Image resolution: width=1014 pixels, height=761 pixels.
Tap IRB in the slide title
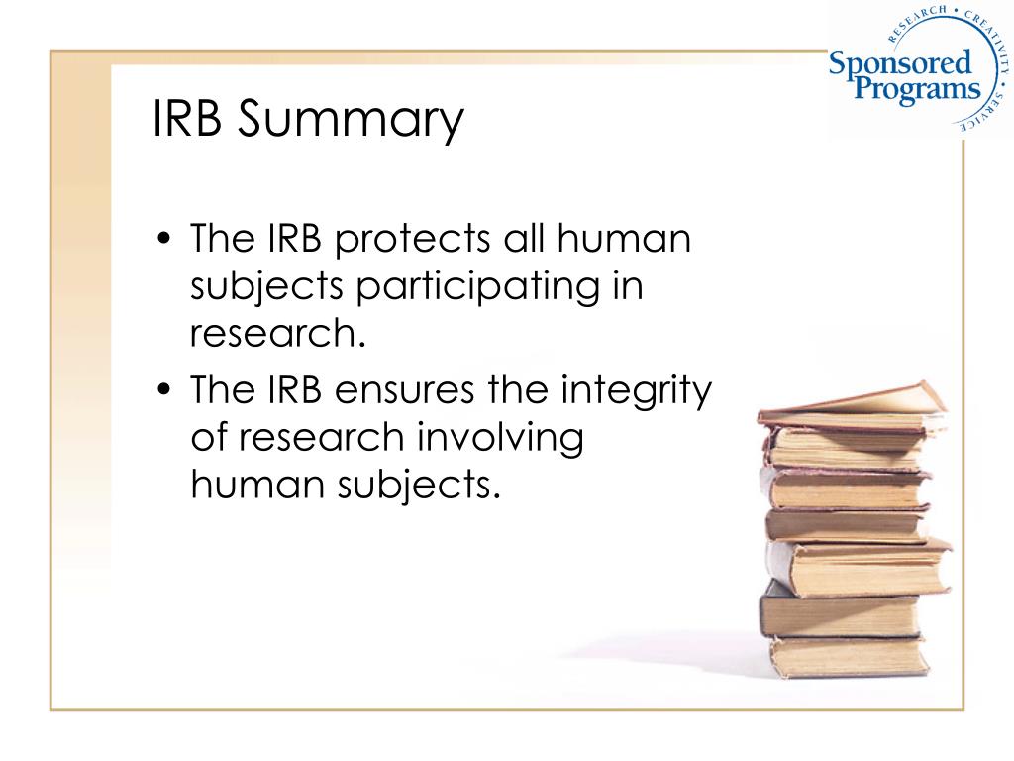[189, 118]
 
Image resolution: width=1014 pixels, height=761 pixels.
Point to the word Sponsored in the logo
[899, 66]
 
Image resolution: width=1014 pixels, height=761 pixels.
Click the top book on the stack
[852, 404]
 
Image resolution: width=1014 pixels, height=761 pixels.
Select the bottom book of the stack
[847, 655]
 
